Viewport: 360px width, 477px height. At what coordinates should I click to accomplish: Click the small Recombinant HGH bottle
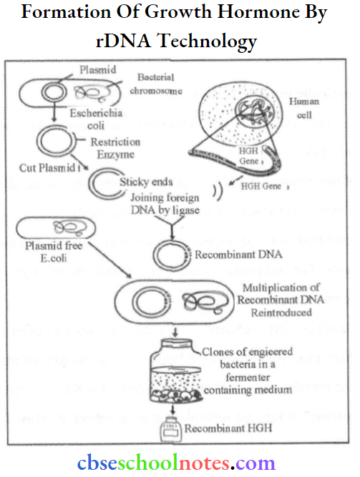169,431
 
